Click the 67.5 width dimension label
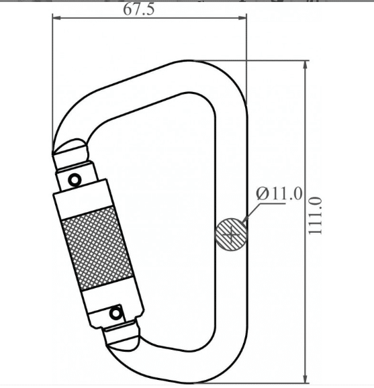[138, 9]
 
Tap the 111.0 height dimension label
[316, 215]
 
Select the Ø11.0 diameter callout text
[279, 193]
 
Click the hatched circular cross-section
[232, 234]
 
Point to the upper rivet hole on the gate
[75, 179]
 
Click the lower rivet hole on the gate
[115, 313]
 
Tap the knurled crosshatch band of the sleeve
[98, 248]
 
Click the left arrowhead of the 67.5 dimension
[56, 17]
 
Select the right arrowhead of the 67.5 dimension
[242, 17]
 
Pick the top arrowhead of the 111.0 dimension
[306, 64]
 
